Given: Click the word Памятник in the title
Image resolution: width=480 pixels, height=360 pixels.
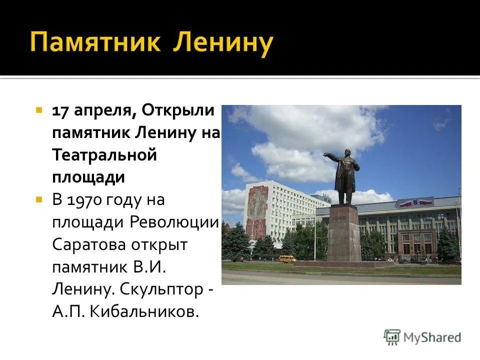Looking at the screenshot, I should (95, 42).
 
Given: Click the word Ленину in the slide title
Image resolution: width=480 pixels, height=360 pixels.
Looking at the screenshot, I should (223, 42).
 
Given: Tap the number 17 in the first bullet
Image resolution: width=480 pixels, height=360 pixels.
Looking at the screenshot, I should (61, 110).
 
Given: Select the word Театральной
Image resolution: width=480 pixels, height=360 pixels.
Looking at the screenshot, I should (104, 155).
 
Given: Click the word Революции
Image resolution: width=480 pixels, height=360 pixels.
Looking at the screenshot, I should (174, 222).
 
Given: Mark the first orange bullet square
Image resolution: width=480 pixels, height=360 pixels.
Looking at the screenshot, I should (38, 109).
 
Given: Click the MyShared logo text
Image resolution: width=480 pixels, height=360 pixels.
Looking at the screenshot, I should (432, 337).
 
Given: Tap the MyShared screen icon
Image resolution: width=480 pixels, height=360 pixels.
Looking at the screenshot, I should (392, 337).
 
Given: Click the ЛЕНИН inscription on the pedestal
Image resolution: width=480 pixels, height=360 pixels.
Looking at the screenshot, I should (343, 212).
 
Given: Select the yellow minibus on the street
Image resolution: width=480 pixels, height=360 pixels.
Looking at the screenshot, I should (287, 258).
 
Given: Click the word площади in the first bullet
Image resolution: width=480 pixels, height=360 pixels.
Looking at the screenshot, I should (88, 177).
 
